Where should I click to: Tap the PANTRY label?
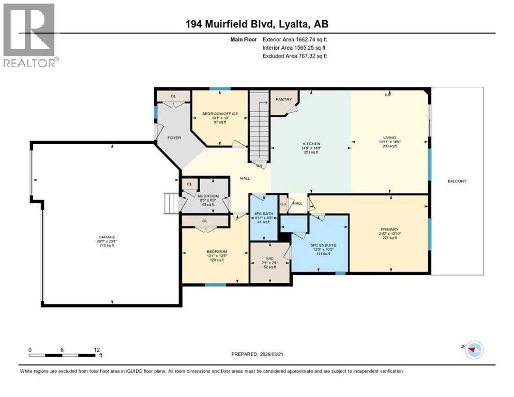284,100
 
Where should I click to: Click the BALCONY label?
458,181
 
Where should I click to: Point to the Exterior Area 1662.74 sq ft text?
295,39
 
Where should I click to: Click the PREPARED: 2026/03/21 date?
258,354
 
